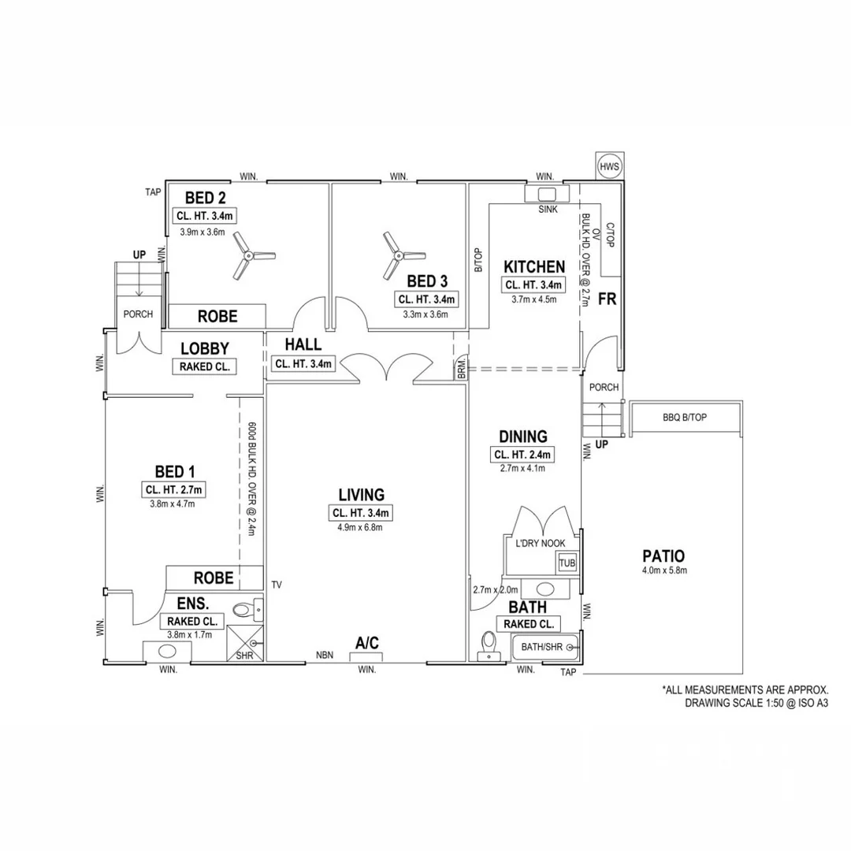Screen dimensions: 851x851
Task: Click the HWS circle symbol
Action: [x=609, y=166]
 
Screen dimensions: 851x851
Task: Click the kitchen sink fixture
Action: [x=547, y=194]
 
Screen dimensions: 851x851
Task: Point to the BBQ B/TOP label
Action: [x=685, y=418]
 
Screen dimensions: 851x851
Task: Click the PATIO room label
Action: [x=663, y=556]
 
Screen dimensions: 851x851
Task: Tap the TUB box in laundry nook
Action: [x=567, y=563]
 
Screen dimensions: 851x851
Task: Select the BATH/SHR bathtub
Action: [x=546, y=647]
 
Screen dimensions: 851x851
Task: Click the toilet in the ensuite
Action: [x=247, y=611]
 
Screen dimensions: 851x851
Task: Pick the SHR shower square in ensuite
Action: [x=245, y=644]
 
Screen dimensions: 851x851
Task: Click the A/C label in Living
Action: [x=367, y=643]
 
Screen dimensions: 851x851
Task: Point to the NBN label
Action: [x=325, y=655]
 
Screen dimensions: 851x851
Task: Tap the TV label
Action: [x=277, y=585]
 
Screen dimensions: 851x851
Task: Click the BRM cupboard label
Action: [x=461, y=368]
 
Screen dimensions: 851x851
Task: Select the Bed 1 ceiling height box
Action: [x=173, y=489]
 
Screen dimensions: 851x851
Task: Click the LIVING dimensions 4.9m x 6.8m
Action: [x=360, y=527]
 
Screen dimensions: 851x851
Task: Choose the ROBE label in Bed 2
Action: [x=217, y=317]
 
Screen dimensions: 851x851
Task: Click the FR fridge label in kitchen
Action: [x=608, y=299]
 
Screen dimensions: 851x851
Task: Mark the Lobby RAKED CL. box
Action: [x=205, y=366]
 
